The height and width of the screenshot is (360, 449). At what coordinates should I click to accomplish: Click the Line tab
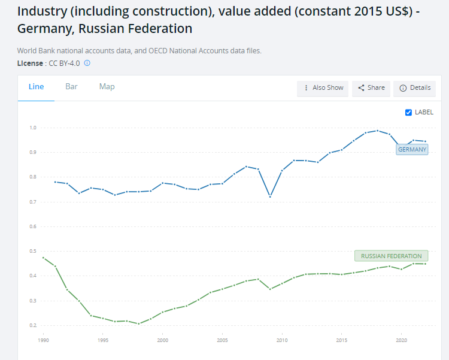point(36,87)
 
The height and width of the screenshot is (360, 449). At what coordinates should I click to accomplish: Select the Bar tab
point(71,87)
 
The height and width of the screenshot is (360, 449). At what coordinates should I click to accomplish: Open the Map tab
point(107,87)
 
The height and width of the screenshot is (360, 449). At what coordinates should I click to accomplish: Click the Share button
point(371,88)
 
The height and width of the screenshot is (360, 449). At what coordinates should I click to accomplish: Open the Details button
point(415,88)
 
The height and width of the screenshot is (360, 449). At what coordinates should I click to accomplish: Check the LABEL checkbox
point(408,112)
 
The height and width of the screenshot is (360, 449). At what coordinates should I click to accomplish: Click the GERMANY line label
point(412,149)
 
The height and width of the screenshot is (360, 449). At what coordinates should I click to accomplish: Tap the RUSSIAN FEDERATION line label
point(392,256)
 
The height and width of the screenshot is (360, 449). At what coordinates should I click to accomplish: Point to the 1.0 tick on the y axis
point(33,128)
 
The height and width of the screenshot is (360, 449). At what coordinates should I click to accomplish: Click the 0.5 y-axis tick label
point(33,251)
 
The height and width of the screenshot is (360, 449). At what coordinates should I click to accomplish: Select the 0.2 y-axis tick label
point(33,325)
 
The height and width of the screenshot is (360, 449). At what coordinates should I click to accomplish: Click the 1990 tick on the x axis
point(43,340)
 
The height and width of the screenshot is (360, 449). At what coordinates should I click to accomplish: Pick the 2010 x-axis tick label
point(281,340)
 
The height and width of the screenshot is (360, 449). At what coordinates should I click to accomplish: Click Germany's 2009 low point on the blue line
point(270,196)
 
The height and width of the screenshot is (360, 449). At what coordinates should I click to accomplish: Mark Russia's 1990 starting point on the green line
point(43,258)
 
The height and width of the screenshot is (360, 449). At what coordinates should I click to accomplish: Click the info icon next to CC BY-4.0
point(87,63)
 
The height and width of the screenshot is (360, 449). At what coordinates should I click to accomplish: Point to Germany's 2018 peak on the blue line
point(377,131)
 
